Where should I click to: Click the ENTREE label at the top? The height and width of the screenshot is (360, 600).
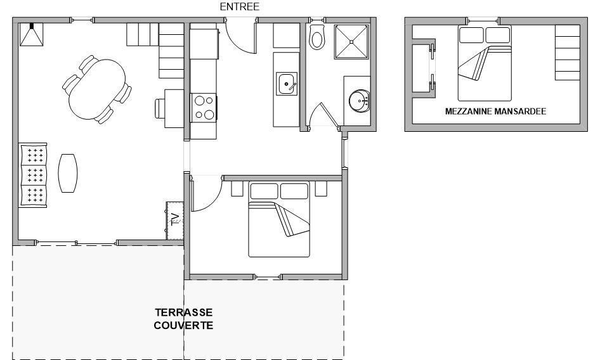[x=240, y=6]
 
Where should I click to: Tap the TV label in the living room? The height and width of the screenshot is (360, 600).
[x=175, y=219]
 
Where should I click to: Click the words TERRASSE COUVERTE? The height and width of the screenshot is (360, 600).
[x=183, y=319]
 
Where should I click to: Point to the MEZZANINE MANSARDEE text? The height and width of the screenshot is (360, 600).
[x=495, y=112]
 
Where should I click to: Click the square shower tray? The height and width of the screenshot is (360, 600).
[x=352, y=42]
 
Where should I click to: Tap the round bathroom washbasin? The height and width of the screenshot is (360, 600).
[x=360, y=101]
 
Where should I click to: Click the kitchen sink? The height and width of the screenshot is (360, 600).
[x=287, y=84]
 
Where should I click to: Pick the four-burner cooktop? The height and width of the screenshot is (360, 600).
[x=204, y=108]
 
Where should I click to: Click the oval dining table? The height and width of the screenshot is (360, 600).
[x=97, y=89]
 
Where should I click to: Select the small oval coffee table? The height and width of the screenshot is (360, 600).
[x=68, y=173]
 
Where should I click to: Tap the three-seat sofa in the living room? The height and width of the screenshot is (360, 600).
[x=33, y=175]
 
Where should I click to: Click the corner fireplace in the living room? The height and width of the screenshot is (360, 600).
[x=31, y=34]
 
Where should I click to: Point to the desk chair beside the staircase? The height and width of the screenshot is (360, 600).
[x=160, y=108]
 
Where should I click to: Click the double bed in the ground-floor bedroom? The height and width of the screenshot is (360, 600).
[x=278, y=219]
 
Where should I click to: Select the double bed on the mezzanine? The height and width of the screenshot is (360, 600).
[x=485, y=63]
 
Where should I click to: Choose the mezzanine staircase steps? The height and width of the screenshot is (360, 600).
[x=567, y=53]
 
